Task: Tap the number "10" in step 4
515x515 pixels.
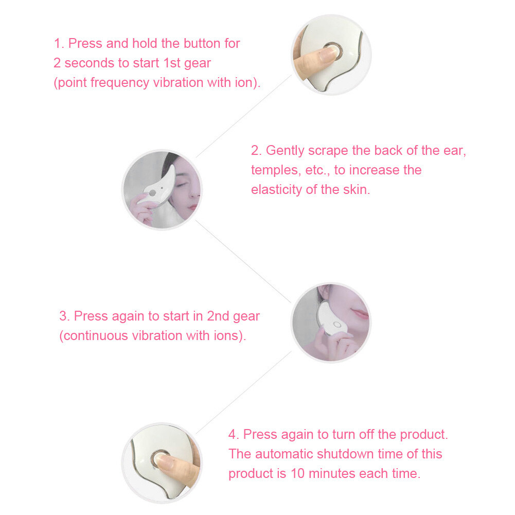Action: coord(299,473)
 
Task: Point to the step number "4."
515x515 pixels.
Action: coord(234,434)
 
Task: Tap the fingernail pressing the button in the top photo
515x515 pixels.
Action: coord(324,54)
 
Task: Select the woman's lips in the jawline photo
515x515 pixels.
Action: coord(359,313)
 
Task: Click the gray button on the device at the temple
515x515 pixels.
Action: coord(152,191)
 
